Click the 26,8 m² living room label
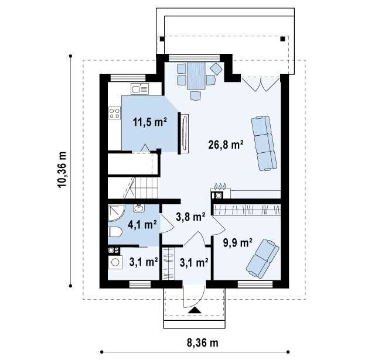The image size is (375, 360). click(226, 145)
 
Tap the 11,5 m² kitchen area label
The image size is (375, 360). click(149, 122)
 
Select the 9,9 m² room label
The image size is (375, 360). click(237, 243)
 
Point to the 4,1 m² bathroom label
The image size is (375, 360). click(142, 225)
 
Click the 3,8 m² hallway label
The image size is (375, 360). click(190, 217)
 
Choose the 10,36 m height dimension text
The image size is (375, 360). click(62, 170)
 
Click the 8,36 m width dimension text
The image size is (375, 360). click(202, 343)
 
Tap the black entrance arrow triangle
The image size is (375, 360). click(195, 310)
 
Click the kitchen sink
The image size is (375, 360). click(139, 89)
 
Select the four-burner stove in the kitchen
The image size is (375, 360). click(114, 113)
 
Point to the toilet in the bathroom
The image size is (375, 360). click(115, 232)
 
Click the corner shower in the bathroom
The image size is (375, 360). click(117, 213)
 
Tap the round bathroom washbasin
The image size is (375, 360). click(139, 208)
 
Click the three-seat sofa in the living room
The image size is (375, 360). click(264, 143)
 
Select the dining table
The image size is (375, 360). click(196, 76)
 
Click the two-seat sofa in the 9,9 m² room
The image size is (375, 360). click(262, 259)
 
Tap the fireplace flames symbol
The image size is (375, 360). click(220, 186)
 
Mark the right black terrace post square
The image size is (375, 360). click(282, 39)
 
